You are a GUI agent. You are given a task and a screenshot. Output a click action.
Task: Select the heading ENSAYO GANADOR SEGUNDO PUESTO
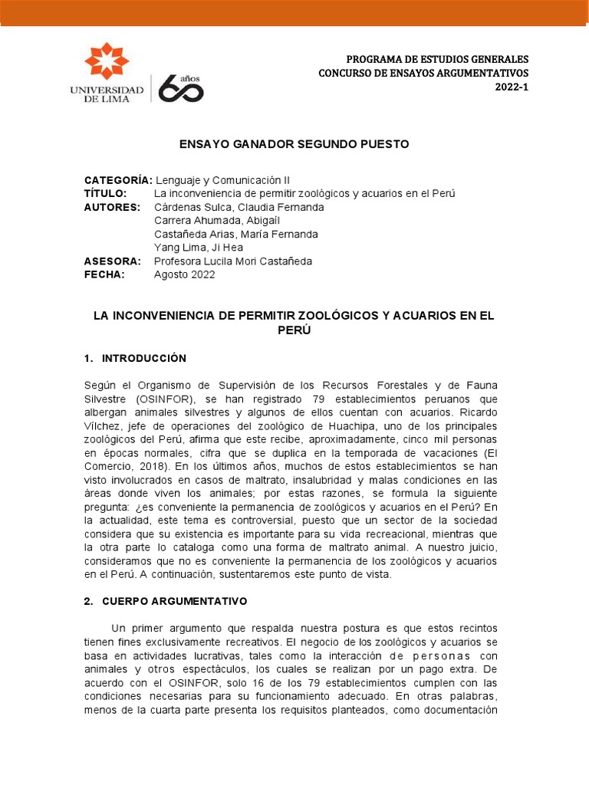(x=294, y=144)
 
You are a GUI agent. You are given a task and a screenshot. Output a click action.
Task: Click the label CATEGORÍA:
(x=118, y=180)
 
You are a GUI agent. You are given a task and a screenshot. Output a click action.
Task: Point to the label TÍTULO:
(x=105, y=193)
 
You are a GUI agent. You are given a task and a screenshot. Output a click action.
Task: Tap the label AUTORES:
(x=112, y=207)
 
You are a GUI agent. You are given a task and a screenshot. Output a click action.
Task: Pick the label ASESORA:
(x=113, y=261)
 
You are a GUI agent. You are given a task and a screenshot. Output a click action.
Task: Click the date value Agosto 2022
(x=185, y=274)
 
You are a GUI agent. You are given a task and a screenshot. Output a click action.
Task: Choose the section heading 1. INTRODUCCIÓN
(x=135, y=358)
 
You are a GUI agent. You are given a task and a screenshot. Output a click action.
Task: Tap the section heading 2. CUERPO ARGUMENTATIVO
(x=166, y=602)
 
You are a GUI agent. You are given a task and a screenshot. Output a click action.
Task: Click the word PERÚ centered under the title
(x=294, y=330)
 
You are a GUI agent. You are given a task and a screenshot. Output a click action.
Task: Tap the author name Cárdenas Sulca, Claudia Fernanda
(x=239, y=207)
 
